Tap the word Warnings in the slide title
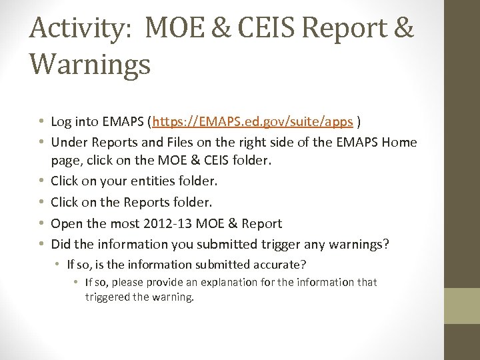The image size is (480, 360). [x=90, y=65]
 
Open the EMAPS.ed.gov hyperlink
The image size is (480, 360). [x=253, y=122]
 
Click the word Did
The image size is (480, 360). [x=61, y=245]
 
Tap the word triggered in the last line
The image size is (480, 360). [x=107, y=297]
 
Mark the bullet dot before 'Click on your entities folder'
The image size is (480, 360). [x=42, y=181]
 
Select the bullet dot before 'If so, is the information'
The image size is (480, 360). [x=59, y=265]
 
